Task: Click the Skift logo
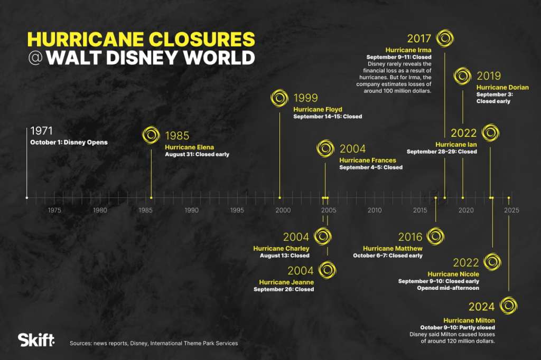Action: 36,340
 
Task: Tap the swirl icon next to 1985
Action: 151,135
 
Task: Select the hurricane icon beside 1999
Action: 279,98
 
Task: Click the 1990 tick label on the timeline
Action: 191,210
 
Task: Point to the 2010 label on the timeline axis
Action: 375,210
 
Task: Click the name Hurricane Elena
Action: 190,147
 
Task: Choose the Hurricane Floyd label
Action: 318,110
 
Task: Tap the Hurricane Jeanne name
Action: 286,282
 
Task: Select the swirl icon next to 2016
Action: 435,236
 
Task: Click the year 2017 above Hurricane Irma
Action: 419,39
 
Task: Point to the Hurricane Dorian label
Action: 502,88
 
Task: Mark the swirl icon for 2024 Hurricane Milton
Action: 509,306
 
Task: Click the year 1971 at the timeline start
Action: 42,131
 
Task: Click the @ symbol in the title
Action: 35,58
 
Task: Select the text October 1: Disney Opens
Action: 69,143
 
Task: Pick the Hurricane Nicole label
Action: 453,274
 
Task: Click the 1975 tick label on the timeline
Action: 54,210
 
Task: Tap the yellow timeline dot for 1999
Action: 279,198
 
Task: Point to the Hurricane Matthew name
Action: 393,249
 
